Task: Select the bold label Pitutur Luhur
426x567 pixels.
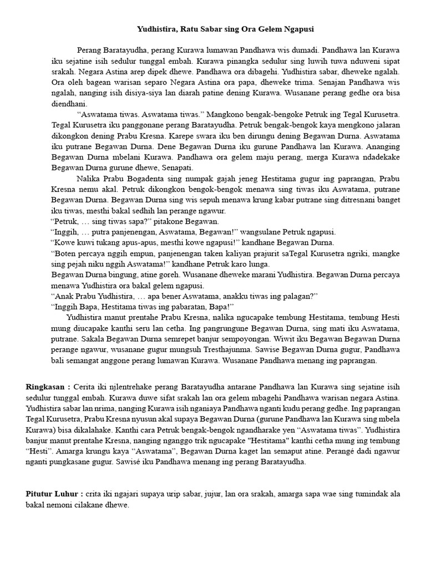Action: (x=53, y=493)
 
